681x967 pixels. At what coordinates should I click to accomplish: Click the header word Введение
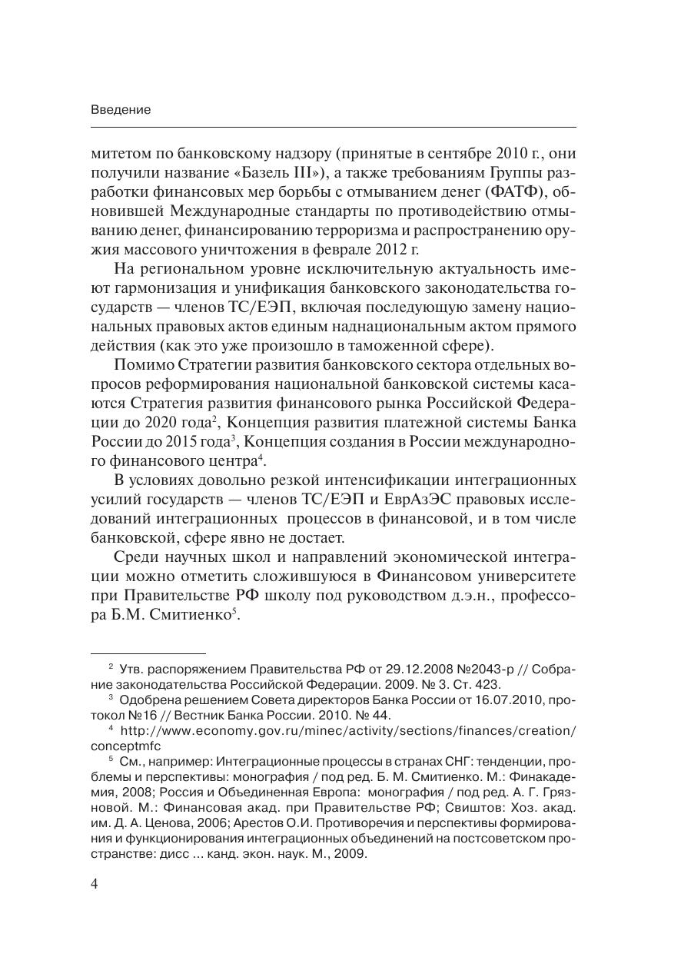tap(121, 110)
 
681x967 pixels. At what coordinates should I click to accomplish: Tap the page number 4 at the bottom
tap(95, 883)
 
